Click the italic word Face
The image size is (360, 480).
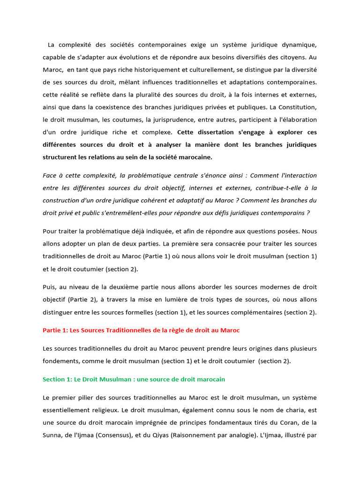point(51,175)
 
